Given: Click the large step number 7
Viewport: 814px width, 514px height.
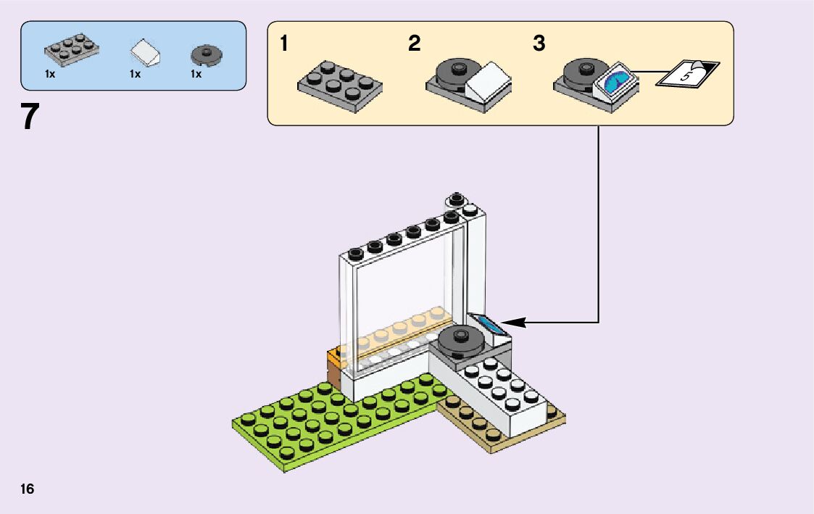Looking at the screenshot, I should [30, 117].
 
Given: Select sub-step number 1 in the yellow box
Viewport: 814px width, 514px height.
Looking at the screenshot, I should [284, 44].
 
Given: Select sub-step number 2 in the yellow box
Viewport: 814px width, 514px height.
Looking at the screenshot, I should [414, 44].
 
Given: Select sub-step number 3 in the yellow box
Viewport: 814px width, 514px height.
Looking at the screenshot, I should [539, 44].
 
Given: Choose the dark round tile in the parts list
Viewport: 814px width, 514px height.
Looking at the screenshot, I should [206, 54].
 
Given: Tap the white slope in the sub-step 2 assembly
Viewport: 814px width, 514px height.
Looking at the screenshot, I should [487, 83].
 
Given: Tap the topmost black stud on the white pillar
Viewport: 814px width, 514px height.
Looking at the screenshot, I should [456, 199].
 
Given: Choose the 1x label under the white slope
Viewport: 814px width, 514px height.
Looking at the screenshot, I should [135, 74].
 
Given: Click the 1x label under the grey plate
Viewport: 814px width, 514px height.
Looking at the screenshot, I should [50, 74].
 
